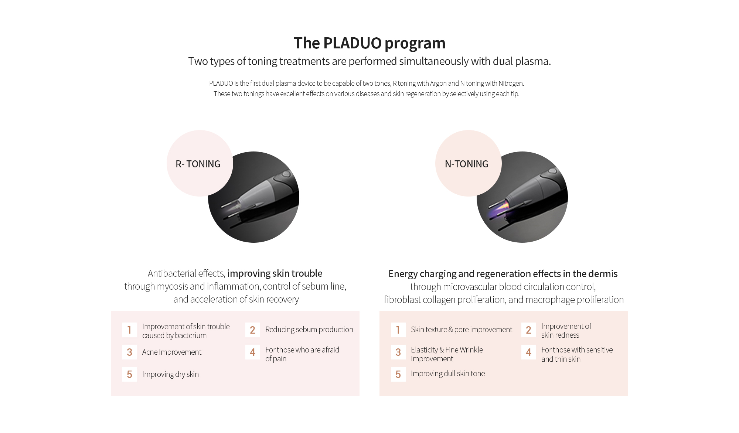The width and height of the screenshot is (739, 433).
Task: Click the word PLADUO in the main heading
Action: click(353, 43)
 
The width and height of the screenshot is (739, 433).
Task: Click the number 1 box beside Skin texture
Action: click(398, 330)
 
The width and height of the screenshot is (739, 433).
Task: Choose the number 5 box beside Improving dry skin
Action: click(129, 374)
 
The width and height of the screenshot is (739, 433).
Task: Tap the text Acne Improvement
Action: click(172, 352)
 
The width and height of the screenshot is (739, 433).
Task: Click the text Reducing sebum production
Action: click(309, 330)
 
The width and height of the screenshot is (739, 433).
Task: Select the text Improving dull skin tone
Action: click(448, 374)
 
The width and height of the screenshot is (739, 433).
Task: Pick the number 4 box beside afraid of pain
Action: click(252, 352)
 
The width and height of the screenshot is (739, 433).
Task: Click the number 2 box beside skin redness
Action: click(528, 330)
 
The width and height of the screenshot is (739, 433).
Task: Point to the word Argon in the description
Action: click(438, 83)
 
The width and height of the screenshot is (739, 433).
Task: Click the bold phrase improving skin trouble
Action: click(275, 273)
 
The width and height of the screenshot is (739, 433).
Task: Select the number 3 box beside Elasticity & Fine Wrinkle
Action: click(398, 352)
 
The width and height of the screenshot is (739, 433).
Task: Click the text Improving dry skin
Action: click(170, 374)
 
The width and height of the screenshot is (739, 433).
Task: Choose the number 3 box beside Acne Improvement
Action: click(129, 352)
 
